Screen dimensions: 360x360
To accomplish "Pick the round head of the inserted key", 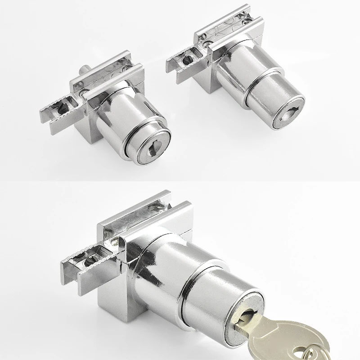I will pyautogui.click(x=306, y=335).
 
